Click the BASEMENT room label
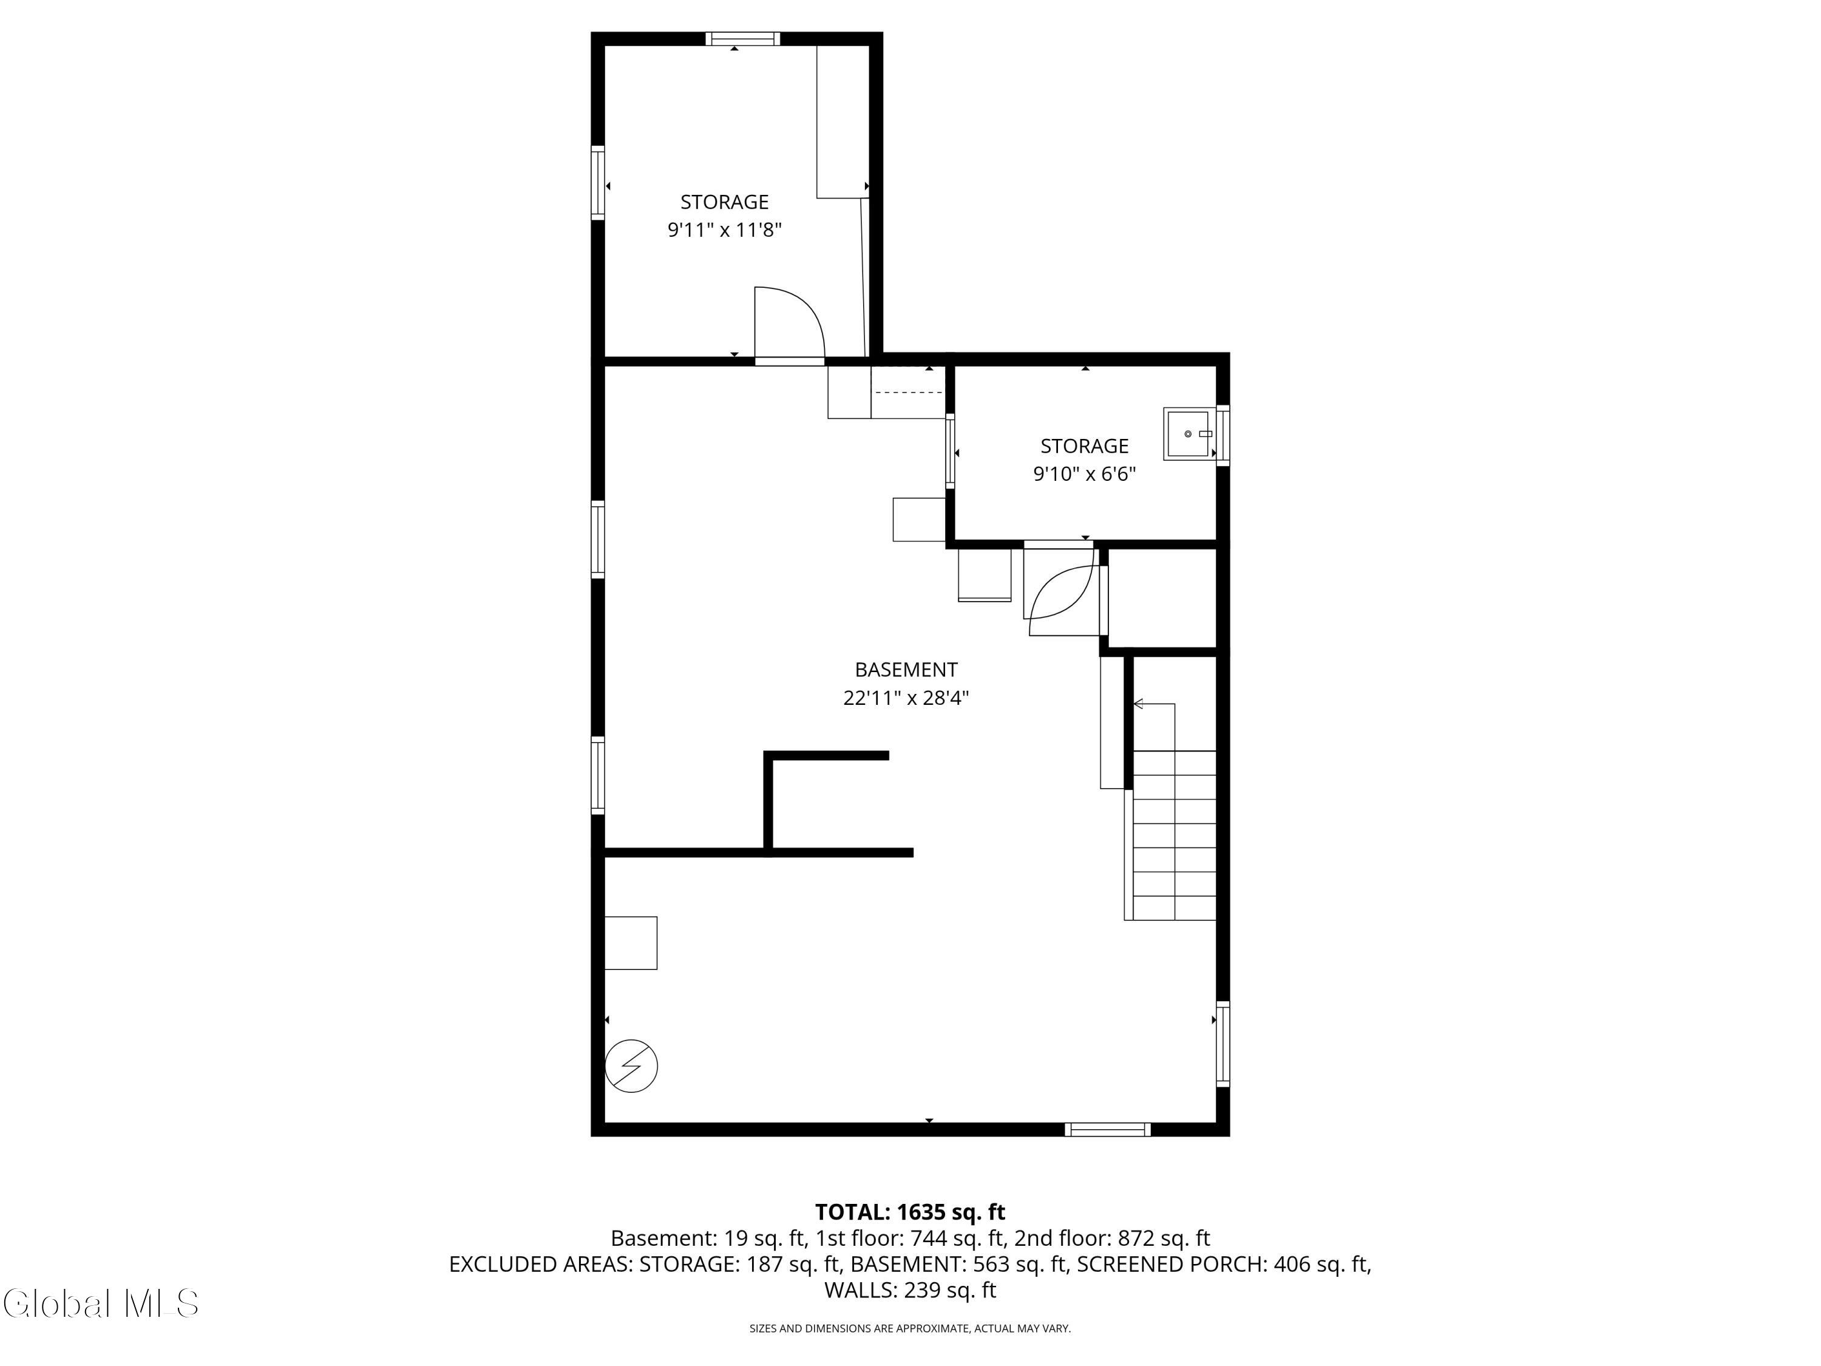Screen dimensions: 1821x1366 906,670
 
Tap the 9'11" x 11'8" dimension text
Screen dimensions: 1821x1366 724,229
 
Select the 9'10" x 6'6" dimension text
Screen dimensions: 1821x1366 1084,474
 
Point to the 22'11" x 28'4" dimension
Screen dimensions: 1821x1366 906,698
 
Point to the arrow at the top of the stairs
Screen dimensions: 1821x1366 1153,705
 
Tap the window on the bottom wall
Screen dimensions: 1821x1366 1107,1130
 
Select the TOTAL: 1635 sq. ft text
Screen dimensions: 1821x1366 910,1212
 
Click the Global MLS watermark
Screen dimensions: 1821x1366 100,1303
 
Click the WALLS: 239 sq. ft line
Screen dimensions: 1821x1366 910,1290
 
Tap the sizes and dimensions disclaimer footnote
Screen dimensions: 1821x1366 910,1328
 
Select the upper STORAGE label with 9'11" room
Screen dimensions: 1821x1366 724,202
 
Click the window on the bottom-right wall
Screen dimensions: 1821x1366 1223,1044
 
